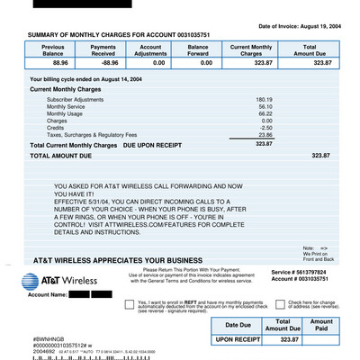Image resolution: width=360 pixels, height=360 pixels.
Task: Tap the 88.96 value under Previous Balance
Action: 60,64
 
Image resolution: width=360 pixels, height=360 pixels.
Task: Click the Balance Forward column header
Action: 198,49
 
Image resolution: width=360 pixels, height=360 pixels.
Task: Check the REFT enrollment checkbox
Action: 130,305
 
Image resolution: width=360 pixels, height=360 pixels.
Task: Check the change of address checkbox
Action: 256,305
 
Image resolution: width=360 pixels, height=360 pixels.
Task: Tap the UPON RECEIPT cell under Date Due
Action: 238,340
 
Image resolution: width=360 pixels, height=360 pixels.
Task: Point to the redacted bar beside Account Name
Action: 91,294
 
